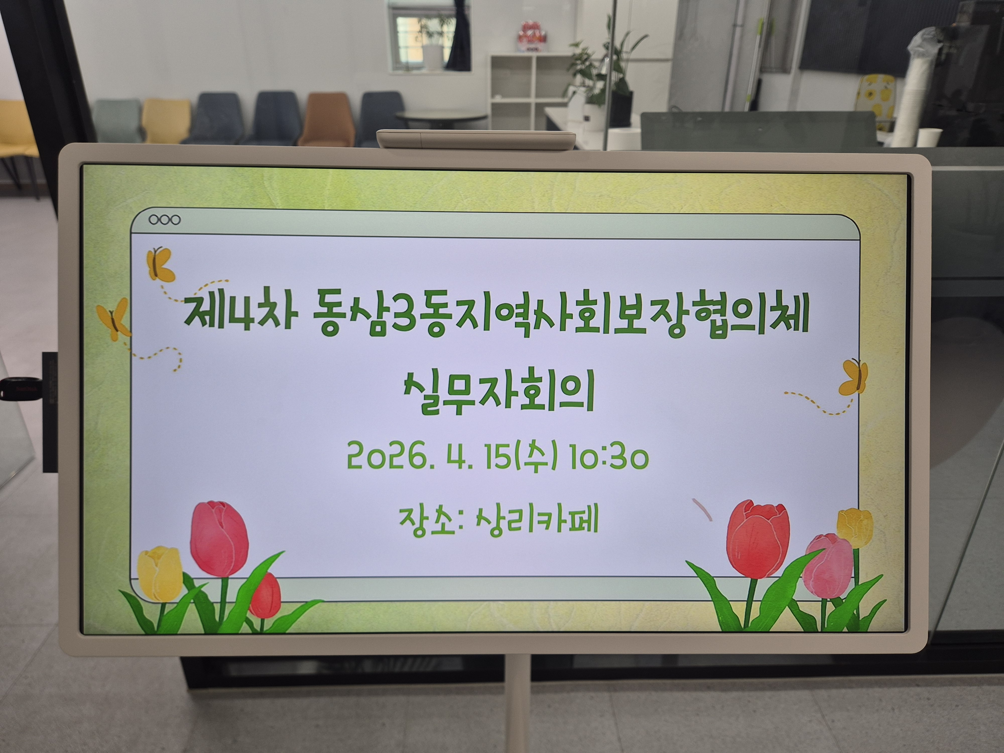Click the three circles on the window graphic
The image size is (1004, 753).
click(x=164, y=220)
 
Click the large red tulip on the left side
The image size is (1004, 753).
click(x=219, y=538)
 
